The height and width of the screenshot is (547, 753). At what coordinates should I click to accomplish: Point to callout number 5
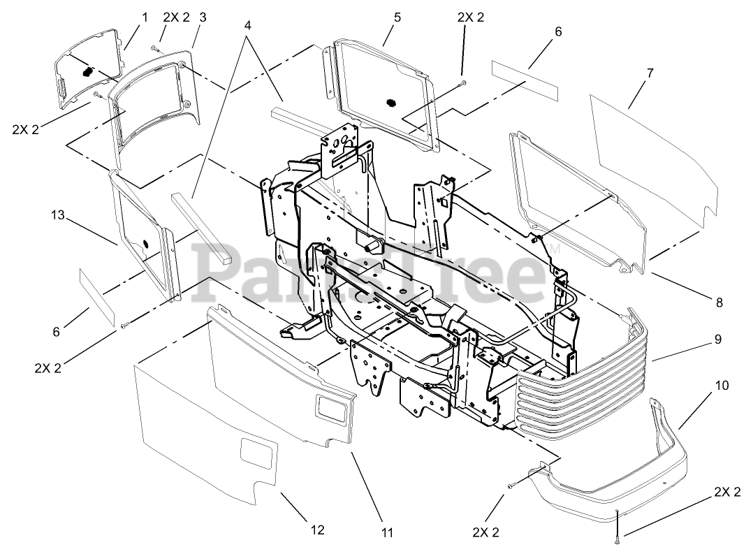[x=397, y=17]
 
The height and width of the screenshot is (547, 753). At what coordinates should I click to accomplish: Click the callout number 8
[x=719, y=302]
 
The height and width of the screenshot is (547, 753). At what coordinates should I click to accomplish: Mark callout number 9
[x=718, y=340]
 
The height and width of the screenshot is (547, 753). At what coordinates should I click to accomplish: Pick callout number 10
[x=722, y=385]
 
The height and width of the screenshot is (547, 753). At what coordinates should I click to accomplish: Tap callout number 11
[x=386, y=533]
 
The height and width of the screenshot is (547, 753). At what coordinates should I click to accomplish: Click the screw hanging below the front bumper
[x=617, y=537]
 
